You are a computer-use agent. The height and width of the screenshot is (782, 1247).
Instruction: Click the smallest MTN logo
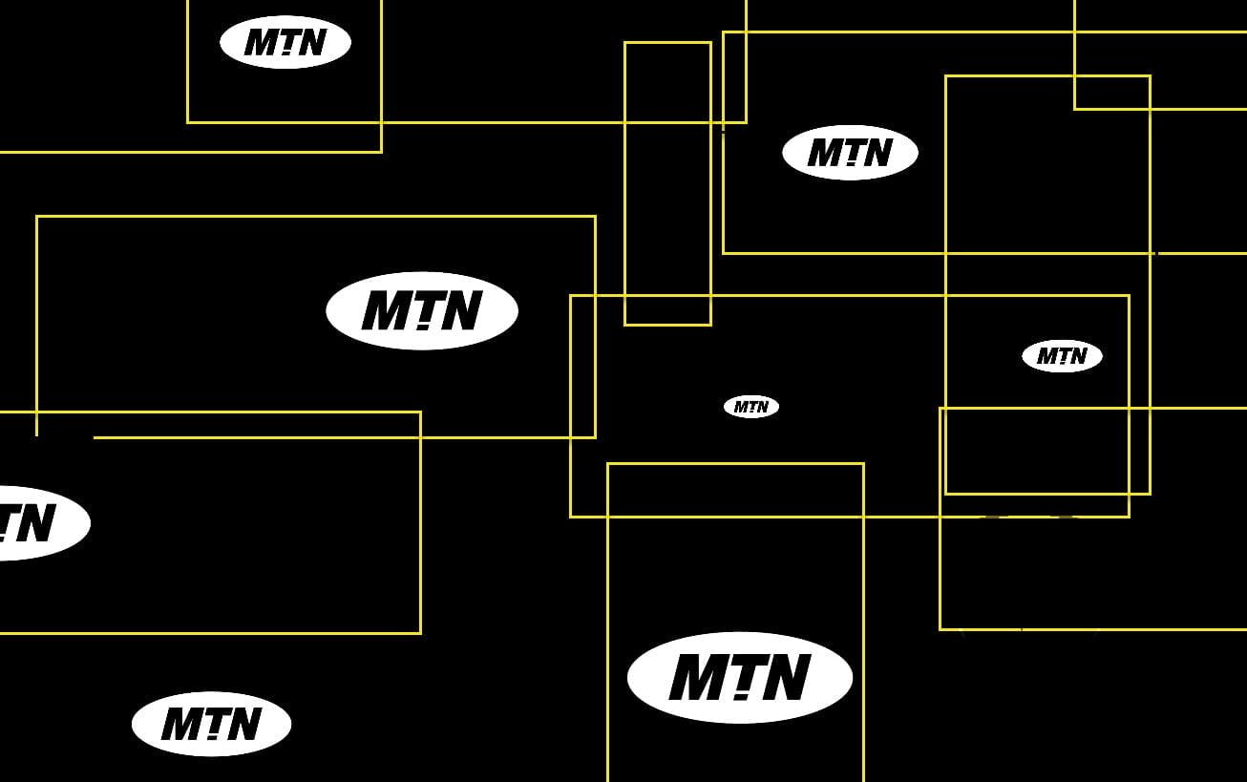751,407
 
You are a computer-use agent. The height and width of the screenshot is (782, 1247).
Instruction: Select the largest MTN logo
740,677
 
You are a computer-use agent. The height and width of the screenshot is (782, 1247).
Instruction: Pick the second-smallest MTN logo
1062,355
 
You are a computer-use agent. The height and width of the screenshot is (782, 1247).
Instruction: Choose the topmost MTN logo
285,42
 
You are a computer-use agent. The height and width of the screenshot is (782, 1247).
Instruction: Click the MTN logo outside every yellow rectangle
212,724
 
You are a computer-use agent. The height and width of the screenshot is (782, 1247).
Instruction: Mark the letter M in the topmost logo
263,42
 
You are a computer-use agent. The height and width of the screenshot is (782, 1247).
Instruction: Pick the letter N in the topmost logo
311,42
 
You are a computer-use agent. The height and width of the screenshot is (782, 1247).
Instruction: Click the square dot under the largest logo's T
741,696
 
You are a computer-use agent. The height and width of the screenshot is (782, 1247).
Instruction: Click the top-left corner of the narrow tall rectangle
625,42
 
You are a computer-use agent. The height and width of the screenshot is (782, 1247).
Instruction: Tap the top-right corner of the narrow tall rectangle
711,42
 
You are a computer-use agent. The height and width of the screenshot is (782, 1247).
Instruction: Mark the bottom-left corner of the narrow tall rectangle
625,325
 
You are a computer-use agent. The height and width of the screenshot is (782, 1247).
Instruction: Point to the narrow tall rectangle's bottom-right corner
711,325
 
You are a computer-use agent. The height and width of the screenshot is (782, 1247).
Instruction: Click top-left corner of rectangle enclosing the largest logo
608,464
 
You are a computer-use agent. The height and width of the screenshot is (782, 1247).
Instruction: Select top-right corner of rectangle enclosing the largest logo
864,464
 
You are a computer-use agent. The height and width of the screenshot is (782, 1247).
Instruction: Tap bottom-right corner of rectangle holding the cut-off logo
420,633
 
